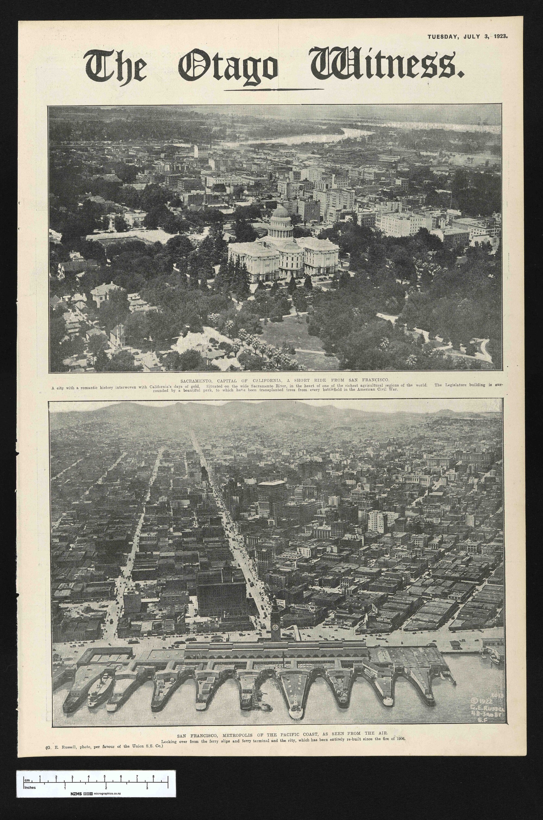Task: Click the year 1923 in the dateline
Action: [499, 36]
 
